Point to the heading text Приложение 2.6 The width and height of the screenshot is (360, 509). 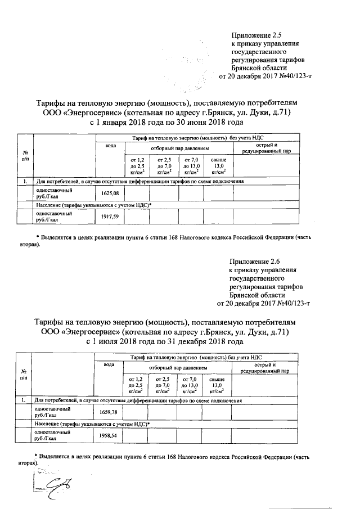255,261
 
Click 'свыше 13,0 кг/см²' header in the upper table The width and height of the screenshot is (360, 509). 219,166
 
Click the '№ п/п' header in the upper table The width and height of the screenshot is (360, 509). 25,156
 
